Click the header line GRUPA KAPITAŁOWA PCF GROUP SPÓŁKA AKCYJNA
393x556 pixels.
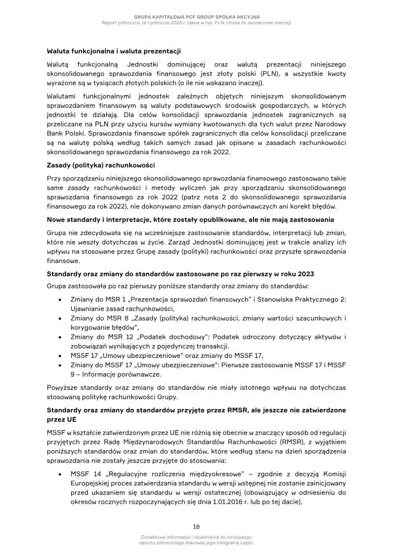(x=196, y=17)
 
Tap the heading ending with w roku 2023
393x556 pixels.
(x=180, y=273)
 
